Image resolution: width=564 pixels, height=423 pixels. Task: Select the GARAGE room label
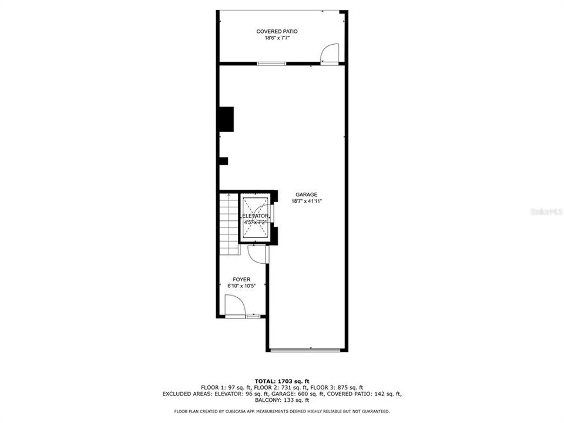tap(306, 194)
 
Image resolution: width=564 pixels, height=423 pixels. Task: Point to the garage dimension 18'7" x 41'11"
tap(306, 201)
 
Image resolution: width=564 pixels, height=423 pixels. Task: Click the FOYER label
tap(241, 280)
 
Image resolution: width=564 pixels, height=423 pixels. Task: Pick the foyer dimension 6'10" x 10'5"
tap(241, 286)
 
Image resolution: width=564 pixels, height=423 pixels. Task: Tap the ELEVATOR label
tap(256, 217)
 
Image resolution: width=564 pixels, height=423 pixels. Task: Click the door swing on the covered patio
tap(331, 53)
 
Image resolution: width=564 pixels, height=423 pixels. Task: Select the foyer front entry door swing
tap(235, 305)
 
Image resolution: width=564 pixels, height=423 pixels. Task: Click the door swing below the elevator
tap(256, 254)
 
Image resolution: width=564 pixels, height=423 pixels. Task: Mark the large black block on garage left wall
tap(226, 119)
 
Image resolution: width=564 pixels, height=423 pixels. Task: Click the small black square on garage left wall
tap(223, 161)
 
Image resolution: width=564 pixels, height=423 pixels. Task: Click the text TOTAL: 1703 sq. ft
tap(281, 381)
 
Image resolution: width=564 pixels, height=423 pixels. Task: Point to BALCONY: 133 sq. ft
tap(281, 401)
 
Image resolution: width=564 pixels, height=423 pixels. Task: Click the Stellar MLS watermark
tap(546, 211)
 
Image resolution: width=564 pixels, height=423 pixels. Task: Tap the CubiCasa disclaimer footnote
tap(281, 411)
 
